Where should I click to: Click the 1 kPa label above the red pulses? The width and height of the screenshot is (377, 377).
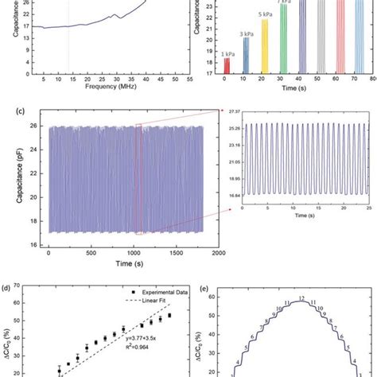[x=225, y=52]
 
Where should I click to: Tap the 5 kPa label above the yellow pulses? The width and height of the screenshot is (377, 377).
[x=265, y=14]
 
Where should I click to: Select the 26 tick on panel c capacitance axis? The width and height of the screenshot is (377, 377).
[x=38, y=127]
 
